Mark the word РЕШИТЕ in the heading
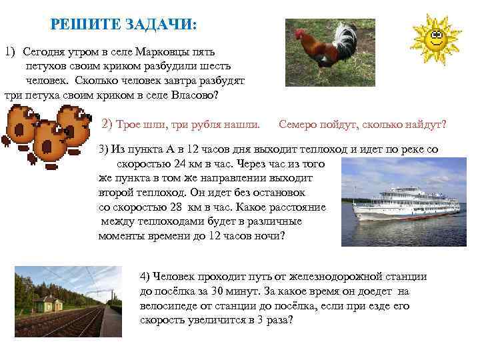85,25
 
